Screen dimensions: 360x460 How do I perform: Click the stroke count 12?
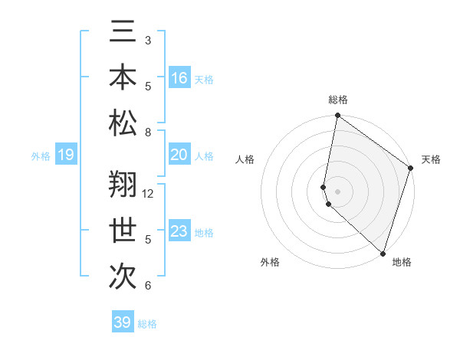[148, 194]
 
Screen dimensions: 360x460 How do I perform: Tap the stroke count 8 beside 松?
[148, 133]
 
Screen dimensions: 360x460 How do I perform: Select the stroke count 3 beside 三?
[148, 40]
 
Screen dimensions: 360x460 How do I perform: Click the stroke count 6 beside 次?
[148, 286]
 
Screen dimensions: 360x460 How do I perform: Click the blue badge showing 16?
[179, 78]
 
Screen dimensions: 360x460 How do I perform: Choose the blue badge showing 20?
[179, 155]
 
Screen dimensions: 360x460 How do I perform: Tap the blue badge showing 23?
[179, 231]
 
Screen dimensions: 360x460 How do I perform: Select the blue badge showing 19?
[65, 155]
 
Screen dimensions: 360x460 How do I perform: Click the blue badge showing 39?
[123, 322]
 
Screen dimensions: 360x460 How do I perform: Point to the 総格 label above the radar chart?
[338, 100]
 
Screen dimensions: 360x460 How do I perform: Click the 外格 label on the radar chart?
[270, 262]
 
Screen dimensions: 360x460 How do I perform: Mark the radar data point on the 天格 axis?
[411, 169]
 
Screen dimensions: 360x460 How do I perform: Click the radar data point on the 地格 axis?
[383, 253]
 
